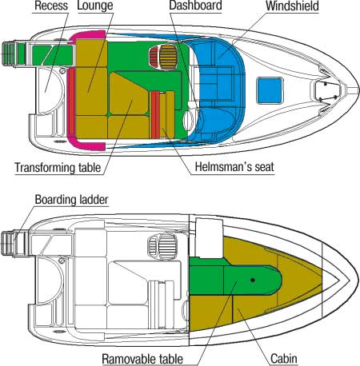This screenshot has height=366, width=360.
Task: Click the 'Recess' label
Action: (51, 6)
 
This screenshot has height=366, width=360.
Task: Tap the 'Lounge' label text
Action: (95, 6)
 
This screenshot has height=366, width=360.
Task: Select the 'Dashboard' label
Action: (195, 6)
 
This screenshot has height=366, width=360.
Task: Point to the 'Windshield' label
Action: (292, 6)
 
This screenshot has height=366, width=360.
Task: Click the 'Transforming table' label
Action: (58, 168)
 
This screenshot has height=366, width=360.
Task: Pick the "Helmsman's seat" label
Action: (234, 167)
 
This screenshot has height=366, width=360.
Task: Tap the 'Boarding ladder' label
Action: (72, 200)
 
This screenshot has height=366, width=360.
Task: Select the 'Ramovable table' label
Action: (142, 359)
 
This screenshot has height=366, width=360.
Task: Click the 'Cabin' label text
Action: (284, 359)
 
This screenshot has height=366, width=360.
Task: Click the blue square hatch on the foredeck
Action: (270, 90)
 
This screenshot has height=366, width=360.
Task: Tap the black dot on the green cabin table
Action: (253, 280)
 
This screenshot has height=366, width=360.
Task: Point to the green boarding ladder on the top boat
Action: (14, 54)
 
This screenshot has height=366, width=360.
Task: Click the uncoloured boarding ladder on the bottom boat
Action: (14, 244)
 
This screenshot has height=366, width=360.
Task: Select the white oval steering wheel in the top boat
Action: (189, 121)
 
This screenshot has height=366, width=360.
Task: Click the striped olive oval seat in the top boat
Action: (169, 57)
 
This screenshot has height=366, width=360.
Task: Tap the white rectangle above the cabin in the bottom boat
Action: (209, 238)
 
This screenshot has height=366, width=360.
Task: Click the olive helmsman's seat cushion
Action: (167, 114)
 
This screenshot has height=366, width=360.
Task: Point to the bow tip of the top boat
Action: (359, 90)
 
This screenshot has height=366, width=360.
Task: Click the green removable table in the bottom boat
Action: (235, 280)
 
